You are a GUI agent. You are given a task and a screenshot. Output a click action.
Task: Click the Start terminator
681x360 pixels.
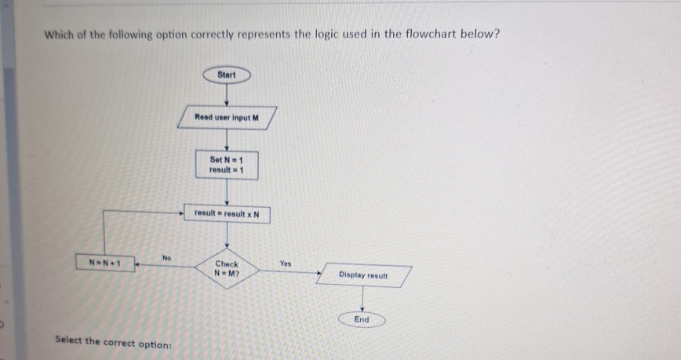pyautogui.click(x=226, y=75)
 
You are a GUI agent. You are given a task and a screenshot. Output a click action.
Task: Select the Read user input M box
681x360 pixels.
pyautogui.click(x=227, y=118)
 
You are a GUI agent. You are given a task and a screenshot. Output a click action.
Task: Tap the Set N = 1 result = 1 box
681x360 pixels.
pyautogui.click(x=228, y=165)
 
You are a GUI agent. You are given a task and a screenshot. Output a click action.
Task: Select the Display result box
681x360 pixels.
pyautogui.click(x=362, y=275)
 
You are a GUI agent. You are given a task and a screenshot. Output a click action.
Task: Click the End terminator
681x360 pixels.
pyautogui.click(x=362, y=320)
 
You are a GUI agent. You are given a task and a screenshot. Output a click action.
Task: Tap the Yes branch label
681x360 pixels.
pyautogui.click(x=286, y=264)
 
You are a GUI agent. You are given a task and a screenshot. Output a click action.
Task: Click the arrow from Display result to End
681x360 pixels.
pyautogui.click(x=362, y=299)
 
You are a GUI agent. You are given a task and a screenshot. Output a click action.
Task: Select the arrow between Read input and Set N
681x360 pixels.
pyautogui.click(x=227, y=140)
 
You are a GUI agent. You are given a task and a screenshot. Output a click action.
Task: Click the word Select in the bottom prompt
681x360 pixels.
pyautogui.click(x=70, y=341)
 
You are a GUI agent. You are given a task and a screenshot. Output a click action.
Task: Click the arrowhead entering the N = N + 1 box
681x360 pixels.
pyautogui.click(x=137, y=266)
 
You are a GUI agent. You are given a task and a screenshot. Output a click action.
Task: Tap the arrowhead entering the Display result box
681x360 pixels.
pyautogui.click(x=319, y=274)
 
